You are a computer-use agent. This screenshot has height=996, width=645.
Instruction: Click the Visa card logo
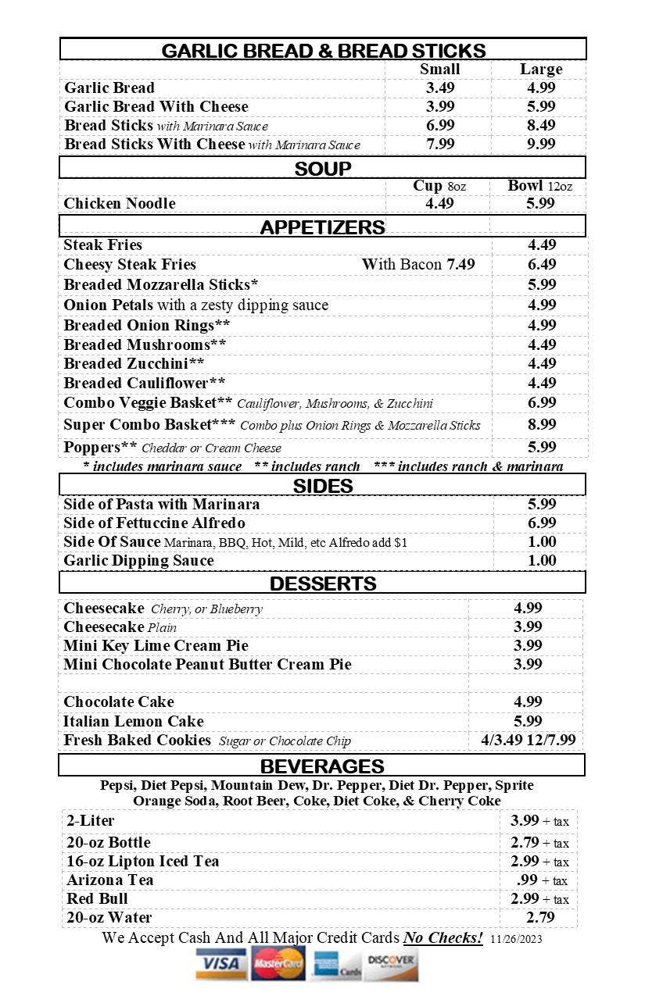(220, 964)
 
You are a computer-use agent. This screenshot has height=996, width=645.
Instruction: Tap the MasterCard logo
(278, 964)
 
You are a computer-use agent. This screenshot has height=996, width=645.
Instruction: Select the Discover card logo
(390, 964)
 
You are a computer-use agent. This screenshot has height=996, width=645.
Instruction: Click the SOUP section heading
(323, 169)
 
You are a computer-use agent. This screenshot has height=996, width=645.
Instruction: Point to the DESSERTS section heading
(323, 584)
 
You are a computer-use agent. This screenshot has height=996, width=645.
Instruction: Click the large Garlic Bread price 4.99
(541, 88)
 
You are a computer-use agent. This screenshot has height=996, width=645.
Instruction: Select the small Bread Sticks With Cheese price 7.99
(440, 145)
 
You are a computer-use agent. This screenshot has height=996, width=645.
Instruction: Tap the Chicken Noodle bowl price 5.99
(541, 204)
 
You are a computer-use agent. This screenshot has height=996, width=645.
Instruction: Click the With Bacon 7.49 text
(418, 265)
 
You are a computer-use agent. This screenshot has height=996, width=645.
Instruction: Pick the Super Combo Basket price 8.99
(541, 425)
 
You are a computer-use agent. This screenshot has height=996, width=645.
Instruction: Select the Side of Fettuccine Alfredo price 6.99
(541, 523)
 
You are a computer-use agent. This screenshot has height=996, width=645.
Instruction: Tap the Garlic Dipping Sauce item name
(138, 561)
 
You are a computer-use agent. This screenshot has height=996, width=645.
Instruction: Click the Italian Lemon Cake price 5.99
(528, 721)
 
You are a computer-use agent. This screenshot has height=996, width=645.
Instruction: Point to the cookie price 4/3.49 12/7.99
(528, 741)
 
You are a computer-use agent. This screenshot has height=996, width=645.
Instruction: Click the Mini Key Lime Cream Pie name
(156, 646)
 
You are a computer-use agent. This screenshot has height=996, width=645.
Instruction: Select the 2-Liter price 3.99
(525, 821)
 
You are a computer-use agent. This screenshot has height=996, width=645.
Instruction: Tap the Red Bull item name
(97, 899)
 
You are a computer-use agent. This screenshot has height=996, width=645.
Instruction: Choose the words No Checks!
(443, 938)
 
